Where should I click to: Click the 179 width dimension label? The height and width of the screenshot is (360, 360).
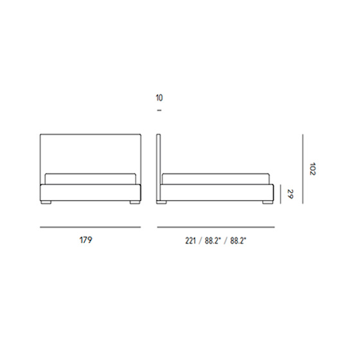pos(86,240)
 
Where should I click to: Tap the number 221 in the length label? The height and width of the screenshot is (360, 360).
pos(190,241)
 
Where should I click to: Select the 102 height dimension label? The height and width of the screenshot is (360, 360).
pos(312,169)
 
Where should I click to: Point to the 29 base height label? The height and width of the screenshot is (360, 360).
pos(291,194)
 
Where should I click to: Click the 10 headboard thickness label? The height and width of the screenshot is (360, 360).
pos(159,98)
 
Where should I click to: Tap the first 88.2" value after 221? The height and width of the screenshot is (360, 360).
pos(213,241)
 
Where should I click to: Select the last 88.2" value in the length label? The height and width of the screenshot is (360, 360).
pos(238,241)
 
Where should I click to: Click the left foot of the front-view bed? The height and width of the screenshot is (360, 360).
pos(46,203)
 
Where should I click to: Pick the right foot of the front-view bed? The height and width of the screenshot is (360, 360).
pos(134,203)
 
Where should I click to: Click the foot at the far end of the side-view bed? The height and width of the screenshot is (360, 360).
pos(267,203)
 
